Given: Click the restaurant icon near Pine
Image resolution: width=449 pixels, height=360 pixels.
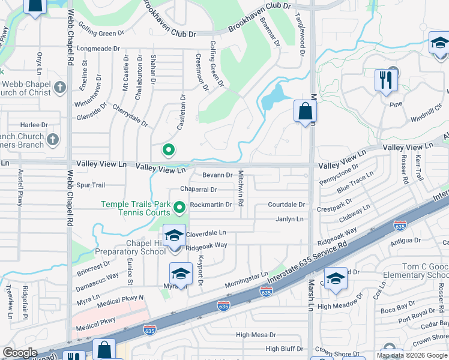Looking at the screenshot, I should click(x=384, y=79).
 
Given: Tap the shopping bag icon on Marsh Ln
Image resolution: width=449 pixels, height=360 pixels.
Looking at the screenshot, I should click(x=305, y=111).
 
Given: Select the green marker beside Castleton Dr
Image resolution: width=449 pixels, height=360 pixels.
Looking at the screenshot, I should click(x=169, y=150).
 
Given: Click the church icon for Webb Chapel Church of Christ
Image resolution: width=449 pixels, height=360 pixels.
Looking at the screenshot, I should click(x=59, y=88).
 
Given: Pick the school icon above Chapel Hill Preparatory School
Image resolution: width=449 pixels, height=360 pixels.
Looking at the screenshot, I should click(x=174, y=235).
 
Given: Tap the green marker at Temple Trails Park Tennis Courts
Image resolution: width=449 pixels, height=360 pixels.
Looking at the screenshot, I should click(x=179, y=208).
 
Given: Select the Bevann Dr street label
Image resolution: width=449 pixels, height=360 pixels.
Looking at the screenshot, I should click(x=217, y=175).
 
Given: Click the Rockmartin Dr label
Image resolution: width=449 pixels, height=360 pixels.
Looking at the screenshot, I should click(x=211, y=205).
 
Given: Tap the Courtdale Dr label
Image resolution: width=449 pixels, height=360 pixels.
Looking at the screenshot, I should click(x=287, y=205).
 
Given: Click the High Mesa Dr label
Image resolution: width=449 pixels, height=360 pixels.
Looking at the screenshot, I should click(x=256, y=335).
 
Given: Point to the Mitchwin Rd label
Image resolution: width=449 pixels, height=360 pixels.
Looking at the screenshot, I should click(x=241, y=188).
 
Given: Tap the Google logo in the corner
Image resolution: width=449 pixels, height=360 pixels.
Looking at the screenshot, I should click(x=20, y=352).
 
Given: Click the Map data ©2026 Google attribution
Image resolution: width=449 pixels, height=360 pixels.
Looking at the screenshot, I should click(x=412, y=355).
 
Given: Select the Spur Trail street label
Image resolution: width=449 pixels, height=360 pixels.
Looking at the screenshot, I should click(x=91, y=185).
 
